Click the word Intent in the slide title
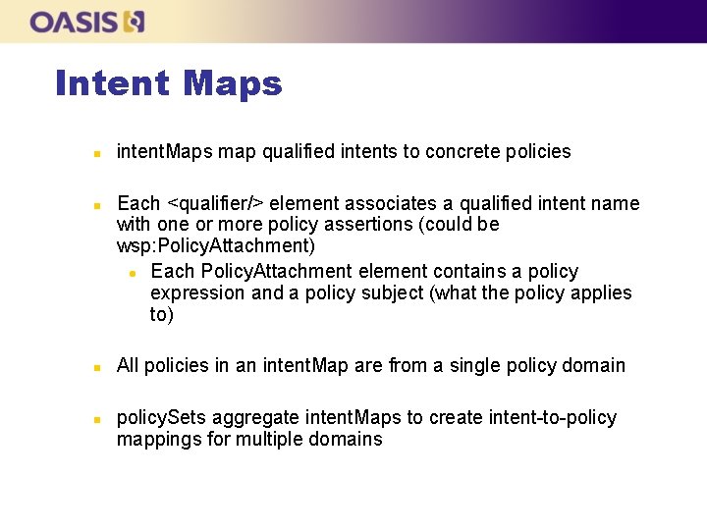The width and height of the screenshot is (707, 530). (x=112, y=83)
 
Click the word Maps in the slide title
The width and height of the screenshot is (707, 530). (x=233, y=83)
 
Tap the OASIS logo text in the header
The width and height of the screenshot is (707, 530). (x=74, y=22)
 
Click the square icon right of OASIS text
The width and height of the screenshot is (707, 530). (x=136, y=22)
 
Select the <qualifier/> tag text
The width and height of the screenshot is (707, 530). (x=215, y=203)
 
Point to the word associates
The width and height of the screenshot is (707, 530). (x=358, y=203)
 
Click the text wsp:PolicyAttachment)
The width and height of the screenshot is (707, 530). (x=216, y=245)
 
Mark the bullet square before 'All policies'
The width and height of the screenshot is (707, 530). (x=96, y=367)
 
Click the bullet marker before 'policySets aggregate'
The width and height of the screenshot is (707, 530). (x=96, y=419)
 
